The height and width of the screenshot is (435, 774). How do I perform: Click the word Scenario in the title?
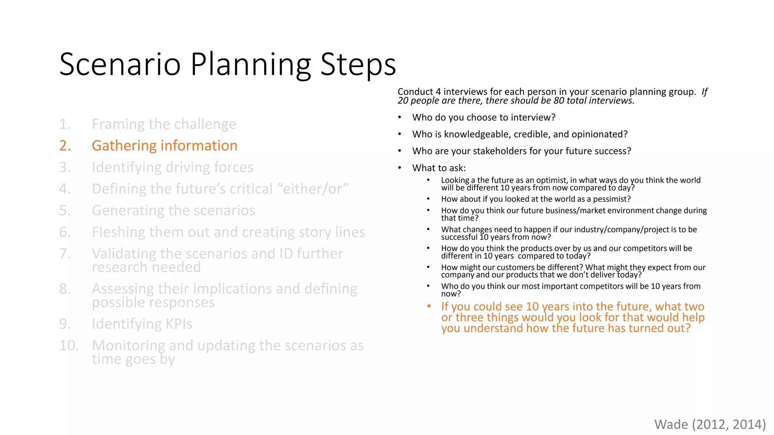click(x=120, y=64)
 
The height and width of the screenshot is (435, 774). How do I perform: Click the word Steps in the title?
click(x=358, y=64)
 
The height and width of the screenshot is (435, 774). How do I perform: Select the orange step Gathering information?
click(x=164, y=146)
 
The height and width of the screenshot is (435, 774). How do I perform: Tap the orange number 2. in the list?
click(x=65, y=146)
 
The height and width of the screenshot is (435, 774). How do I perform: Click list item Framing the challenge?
click(x=164, y=124)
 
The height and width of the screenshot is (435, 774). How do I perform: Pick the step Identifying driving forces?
click(x=172, y=167)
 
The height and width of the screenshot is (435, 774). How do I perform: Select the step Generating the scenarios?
click(x=173, y=210)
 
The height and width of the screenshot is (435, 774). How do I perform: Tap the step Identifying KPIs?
click(x=142, y=324)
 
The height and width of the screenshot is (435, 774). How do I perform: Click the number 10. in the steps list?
click(x=69, y=346)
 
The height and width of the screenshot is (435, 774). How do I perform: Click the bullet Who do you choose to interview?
click(x=483, y=117)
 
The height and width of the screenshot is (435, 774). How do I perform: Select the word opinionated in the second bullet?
click(x=599, y=134)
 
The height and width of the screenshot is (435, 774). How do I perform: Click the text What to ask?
click(x=439, y=168)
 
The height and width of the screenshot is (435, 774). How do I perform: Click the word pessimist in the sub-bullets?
click(x=611, y=199)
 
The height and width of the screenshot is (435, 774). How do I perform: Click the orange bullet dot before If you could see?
click(x=429, y=306)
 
